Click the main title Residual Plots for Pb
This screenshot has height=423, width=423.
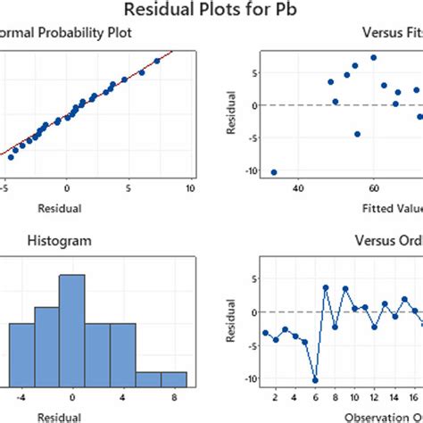(x=211, y=12)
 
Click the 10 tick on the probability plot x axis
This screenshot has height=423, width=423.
(x=190, y=189)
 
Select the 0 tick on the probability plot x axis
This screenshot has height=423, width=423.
(x=66, y=189)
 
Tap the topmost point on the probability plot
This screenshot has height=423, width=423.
(x=157, y=61)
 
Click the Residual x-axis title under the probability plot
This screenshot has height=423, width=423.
(x=66, y=209)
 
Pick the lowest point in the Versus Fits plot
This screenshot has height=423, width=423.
(x=273, y=172)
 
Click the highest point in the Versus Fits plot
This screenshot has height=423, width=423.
(x=373, y=58)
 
